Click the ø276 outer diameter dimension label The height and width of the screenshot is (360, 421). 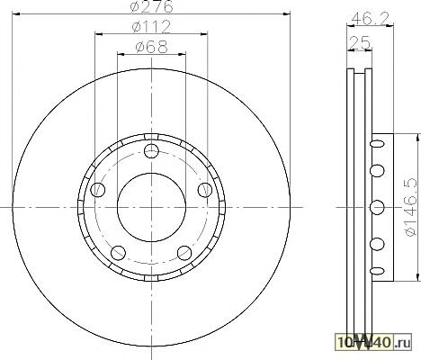click(152, 6)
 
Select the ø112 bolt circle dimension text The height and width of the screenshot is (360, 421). click(152, 27)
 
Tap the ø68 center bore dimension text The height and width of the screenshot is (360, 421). click(151, 47)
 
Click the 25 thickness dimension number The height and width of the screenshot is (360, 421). click(360, 42)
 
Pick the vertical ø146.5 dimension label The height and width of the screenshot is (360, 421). click(410, 207)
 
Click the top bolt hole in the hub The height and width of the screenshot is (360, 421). click(151, 151)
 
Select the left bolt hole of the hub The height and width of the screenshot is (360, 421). click(98, 190)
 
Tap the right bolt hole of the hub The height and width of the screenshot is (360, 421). click(205, 190)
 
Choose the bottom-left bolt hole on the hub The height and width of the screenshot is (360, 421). click(118, 253)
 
